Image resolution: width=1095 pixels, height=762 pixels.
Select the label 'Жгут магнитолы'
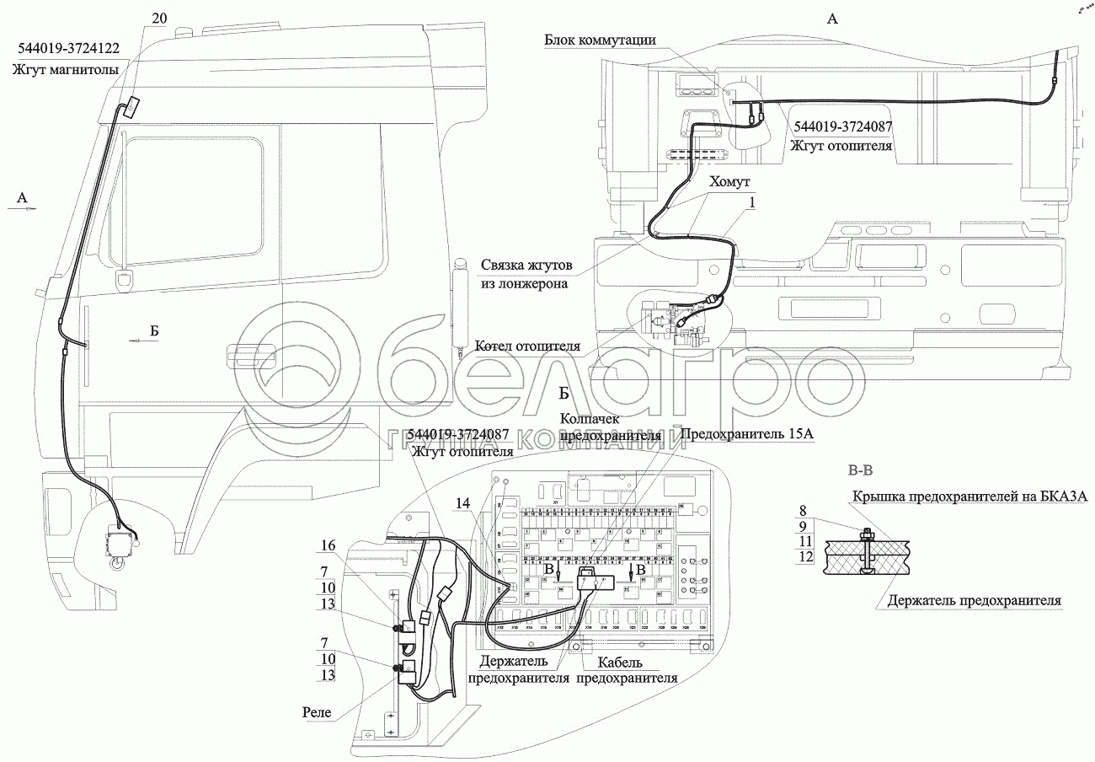click(65, 70)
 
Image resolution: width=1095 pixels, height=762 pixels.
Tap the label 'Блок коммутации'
click(600, 40)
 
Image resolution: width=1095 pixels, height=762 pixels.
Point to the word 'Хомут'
click(729, 181)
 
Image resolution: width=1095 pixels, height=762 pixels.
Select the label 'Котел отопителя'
click(527, 346)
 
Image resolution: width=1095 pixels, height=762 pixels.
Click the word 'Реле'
click(317, 713)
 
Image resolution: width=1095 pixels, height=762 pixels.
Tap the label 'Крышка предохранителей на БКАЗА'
click(973, 496)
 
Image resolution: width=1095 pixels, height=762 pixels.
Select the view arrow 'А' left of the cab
click(23, 199)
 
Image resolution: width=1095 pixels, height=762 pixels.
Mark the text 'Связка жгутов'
click(528, 265)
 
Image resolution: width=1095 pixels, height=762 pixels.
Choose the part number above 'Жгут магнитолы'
click(65, 48)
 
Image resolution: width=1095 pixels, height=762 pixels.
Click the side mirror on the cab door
click(126, 281)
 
